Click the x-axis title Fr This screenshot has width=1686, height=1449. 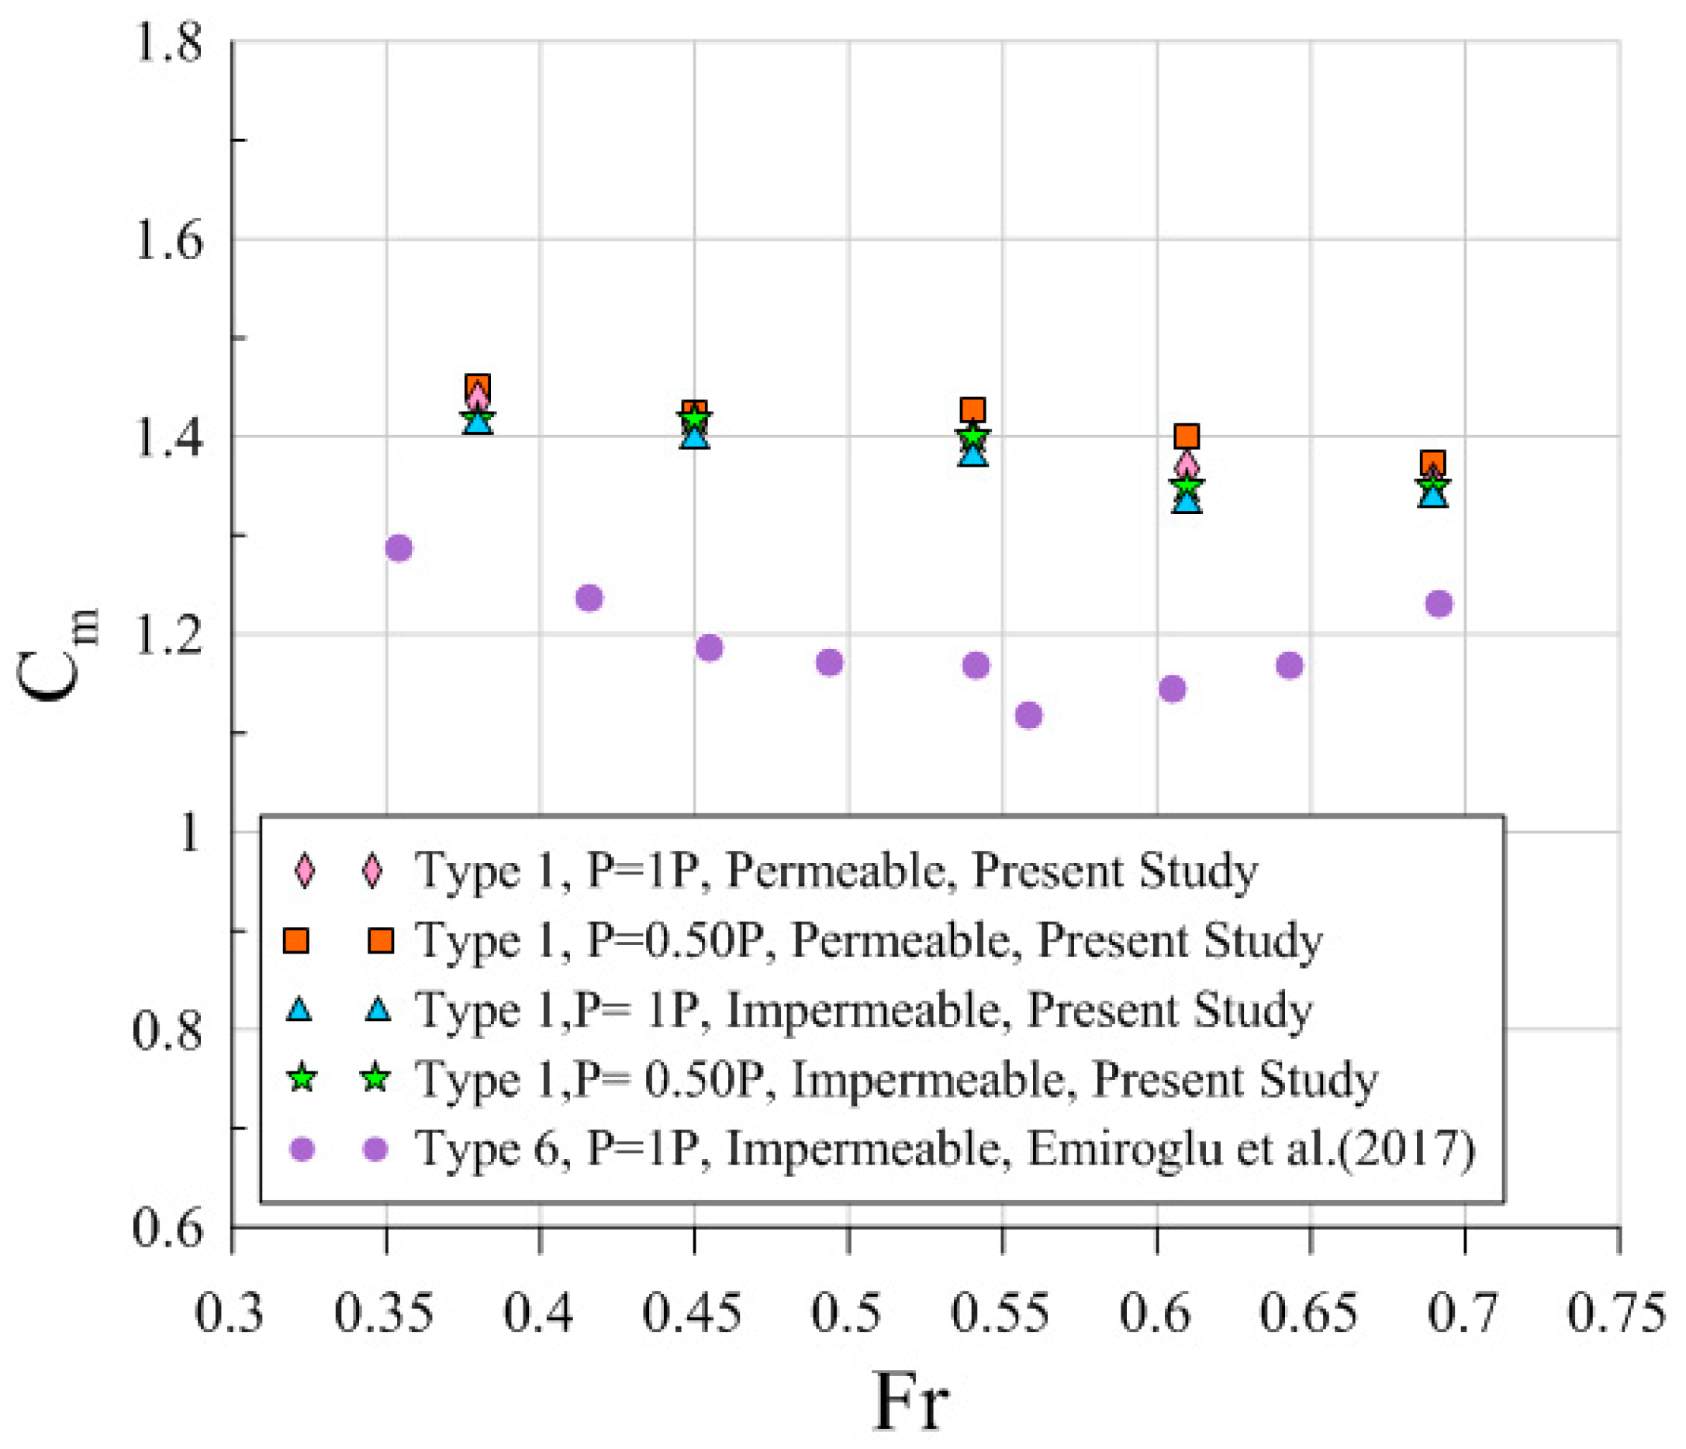910,1401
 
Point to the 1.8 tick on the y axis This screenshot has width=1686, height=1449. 167,43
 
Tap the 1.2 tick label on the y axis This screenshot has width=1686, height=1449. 167,636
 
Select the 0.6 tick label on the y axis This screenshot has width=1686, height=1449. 167,1228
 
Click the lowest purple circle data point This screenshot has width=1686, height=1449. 1028,715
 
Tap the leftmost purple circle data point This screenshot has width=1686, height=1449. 398,548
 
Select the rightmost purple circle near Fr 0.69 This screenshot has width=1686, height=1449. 1439,604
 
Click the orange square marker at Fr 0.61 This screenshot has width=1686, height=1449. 1187,436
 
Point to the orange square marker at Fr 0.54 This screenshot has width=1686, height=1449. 973,409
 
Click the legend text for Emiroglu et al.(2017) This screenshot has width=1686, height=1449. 945,1149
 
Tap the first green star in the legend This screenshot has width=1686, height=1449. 302,1079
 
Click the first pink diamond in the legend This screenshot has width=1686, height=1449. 303,871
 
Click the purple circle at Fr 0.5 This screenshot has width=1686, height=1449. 829,662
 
